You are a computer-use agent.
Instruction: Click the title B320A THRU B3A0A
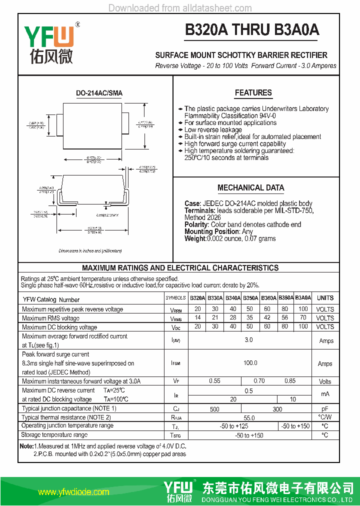coord(252,30)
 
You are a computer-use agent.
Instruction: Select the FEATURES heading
coord(253,92)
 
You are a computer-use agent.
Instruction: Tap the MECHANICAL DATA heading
coord(250,187)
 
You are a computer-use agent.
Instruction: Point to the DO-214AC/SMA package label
coord(99,93)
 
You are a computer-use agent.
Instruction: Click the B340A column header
coord(233,298)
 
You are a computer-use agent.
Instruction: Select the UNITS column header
coord(325,298)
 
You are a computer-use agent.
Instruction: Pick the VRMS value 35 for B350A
coord(250,318)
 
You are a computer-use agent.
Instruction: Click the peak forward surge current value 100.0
coord(250,363)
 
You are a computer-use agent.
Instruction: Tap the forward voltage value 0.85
coord(290,381)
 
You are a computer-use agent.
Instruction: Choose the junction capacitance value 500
coord(214,409)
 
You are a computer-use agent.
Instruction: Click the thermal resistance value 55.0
coord(249,417)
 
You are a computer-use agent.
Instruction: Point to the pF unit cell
coord(325,409)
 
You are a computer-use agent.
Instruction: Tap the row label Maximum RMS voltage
coord(50,318)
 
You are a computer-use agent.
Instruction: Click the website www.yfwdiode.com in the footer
coord(73,492)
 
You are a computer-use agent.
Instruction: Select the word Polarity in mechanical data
coord(196,224)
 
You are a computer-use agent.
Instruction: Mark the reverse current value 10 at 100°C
coord(293,399)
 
